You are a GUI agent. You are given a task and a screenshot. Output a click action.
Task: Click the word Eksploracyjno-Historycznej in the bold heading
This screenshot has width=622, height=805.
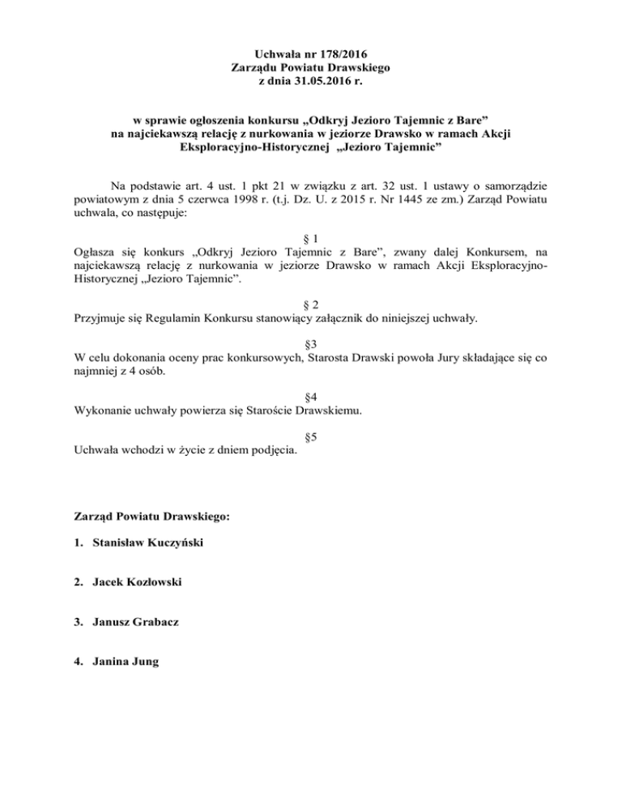(252, 147)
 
